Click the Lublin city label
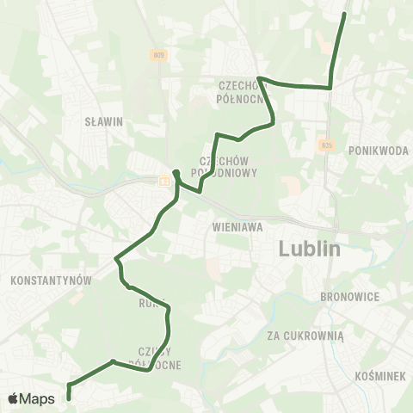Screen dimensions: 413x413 tap(310, 250)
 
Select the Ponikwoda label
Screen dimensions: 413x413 tap(379, 150)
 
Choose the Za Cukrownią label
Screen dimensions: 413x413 tap(305, 336)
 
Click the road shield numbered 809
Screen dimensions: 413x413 tap(158, 56)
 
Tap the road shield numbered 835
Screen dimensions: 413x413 tap(324, 145)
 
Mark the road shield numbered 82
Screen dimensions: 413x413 tap(163, 180)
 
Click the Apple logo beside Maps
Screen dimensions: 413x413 tap(14, 398)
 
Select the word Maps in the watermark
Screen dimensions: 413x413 tap(38, 398)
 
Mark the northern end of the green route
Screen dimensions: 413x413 tap(344, 15)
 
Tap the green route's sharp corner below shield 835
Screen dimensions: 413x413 tap(330, 87)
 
